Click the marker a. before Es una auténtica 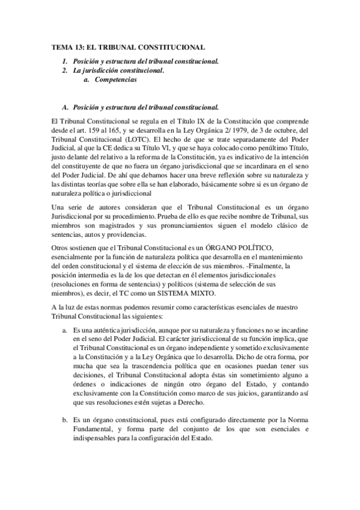pyautogui.click(x=65, y=331)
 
